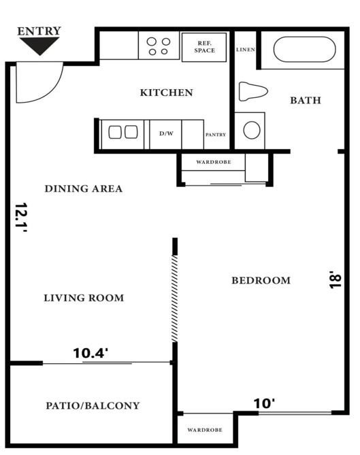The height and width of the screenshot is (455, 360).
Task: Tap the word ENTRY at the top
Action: [39, 31]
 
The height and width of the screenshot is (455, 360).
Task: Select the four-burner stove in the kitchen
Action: [159, 46]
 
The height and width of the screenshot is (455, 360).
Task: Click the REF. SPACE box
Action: [203, 46]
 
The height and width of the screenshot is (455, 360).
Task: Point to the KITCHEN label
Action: [166, 92]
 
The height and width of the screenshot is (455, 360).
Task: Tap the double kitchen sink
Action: [122, 132]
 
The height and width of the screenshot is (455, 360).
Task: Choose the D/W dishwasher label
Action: [165, 134]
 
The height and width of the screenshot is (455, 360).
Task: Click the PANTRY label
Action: [216, 135]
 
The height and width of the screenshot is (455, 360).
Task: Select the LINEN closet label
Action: [245, 50]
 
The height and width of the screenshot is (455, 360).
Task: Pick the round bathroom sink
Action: [252, 130]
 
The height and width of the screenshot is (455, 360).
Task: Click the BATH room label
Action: [306, 101]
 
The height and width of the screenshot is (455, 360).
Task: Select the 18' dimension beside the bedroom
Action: [333, 280]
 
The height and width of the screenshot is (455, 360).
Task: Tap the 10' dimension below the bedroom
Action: [264, 403]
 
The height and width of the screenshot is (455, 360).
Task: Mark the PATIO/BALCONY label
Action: [93, 406]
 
